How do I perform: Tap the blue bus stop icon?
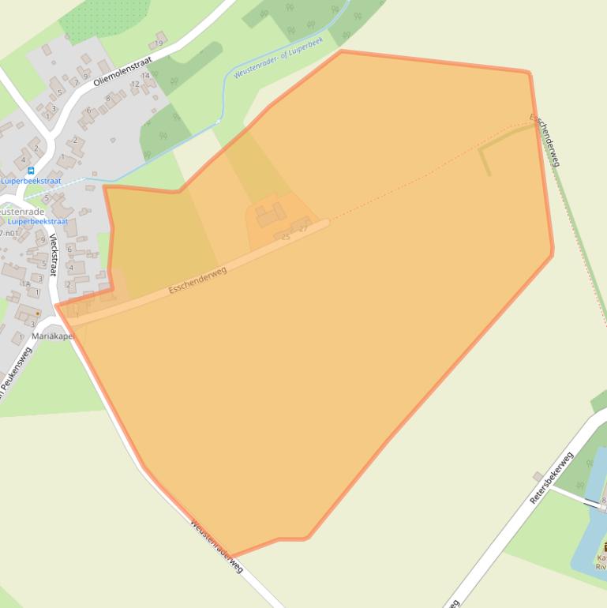pos(31,171)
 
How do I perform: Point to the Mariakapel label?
pos(53,336)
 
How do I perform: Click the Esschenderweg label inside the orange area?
pos(197,280)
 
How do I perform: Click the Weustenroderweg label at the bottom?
pos(215,546)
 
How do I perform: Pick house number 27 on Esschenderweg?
pos(303,229)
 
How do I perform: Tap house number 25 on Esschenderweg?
pos(285,237)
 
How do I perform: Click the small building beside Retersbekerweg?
pos(538,476)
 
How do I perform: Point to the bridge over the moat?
pos(591,502)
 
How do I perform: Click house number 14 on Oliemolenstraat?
pos(145,76)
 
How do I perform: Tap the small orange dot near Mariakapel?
pos(37,313)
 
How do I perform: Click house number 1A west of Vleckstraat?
pos(26,284)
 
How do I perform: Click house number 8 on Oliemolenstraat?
pos(107,98)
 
